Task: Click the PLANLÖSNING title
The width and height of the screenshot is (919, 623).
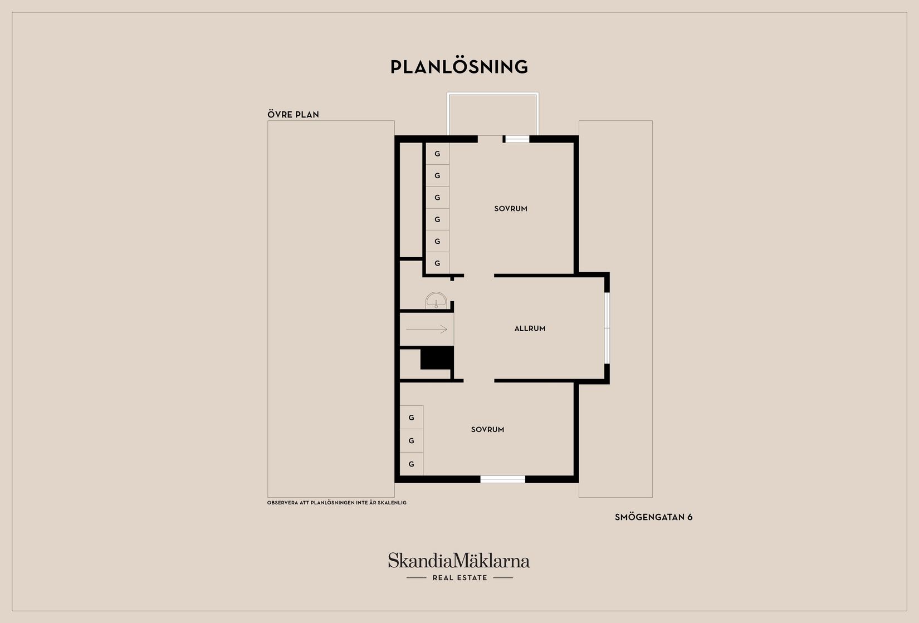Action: point(459,67)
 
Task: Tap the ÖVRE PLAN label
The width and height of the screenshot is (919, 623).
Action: point(294,115)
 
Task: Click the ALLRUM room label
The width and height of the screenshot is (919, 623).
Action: point(530,328)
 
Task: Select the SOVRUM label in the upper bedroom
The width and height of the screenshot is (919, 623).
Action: point(511,209)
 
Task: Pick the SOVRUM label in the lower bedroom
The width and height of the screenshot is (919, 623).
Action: point(487,430)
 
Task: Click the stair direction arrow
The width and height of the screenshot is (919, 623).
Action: point(427,329)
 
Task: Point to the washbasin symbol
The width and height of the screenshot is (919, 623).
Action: point(436,300)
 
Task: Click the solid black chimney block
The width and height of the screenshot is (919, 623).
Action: point(437,357)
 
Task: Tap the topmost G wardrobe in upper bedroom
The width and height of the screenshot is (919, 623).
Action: point(437,154)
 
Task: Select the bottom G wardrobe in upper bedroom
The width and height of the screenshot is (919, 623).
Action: point(437,263)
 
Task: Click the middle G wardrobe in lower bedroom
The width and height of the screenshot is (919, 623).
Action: point(412,441)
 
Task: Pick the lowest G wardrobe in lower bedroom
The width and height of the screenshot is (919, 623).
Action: point(412,464)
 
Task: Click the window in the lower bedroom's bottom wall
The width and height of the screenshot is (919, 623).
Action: point(502,479)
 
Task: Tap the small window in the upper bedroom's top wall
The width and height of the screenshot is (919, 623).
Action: point(517,139)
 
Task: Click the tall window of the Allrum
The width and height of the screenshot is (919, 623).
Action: point(607,328)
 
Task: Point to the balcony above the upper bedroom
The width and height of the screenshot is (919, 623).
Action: point(493,114)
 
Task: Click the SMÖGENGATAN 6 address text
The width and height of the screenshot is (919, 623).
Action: point(653,517)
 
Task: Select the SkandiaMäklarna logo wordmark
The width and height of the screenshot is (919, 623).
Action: point(459,560)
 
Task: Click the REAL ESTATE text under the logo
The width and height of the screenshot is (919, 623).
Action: point(460,578)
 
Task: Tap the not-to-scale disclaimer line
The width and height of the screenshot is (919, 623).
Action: point(337,503)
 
